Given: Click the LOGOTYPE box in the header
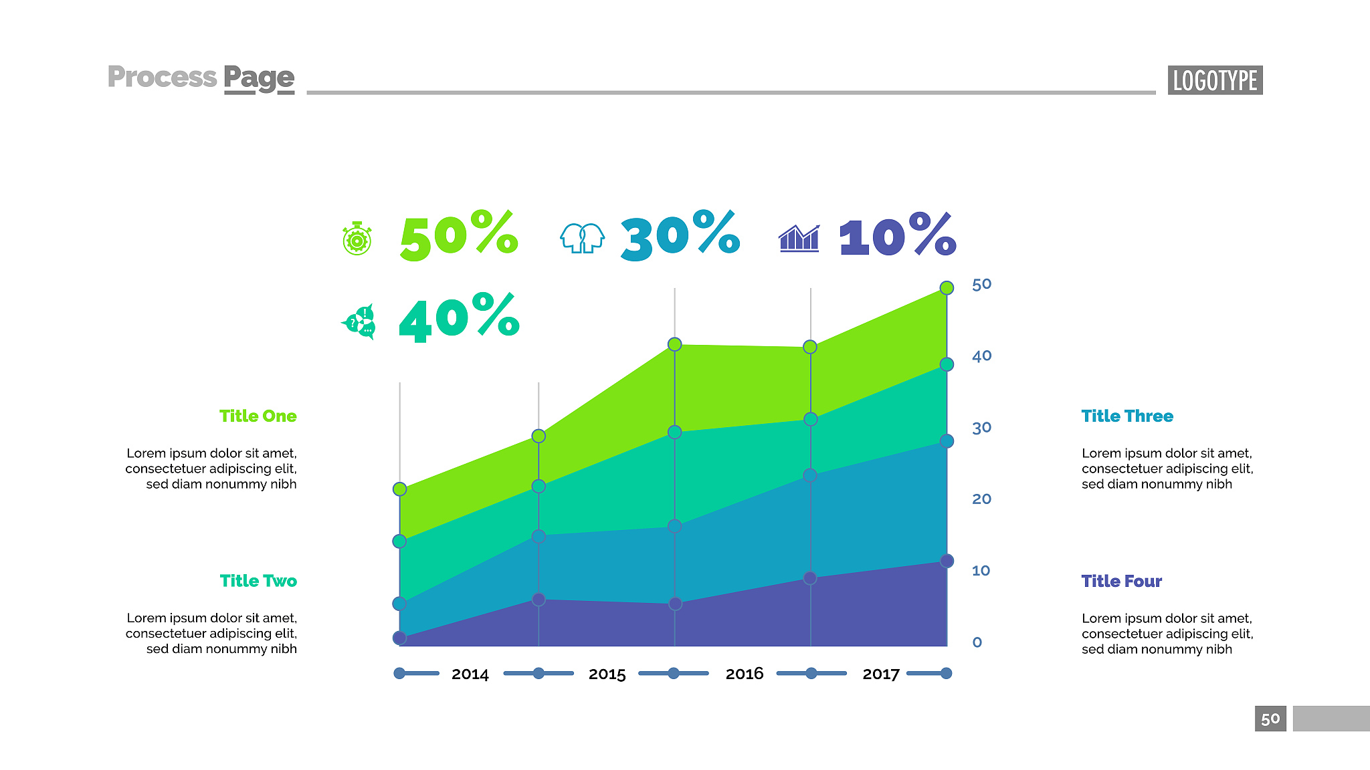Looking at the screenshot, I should pos(1215,80).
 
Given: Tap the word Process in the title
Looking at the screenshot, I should pos(162,77).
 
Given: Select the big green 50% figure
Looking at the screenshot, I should pos(459,235).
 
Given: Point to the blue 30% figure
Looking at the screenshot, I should pos(680,235).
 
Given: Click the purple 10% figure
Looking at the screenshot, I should pos(898,235).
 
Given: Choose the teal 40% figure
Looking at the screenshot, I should pos(459,317).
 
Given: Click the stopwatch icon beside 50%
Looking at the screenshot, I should pos(357,239).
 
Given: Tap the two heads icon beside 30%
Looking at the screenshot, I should pos(582,238).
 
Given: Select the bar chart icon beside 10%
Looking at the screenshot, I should pos(799,239).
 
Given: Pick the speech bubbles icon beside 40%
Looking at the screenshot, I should pos(360,322).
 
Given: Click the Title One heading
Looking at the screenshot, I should pos(258,416).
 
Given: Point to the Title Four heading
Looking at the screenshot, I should pos(1121,581).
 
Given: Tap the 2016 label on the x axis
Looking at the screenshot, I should pos(744,674).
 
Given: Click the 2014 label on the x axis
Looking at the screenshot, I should pos(470,674).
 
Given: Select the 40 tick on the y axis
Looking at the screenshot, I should pos(981,356).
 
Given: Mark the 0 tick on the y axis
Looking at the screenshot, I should pos(977,642).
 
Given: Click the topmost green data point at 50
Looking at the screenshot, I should pos(947,288).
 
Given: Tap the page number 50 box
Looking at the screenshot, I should pos(1270,719).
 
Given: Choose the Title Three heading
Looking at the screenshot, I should pos(1127,416).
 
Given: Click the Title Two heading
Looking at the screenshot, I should pos(258,581).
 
